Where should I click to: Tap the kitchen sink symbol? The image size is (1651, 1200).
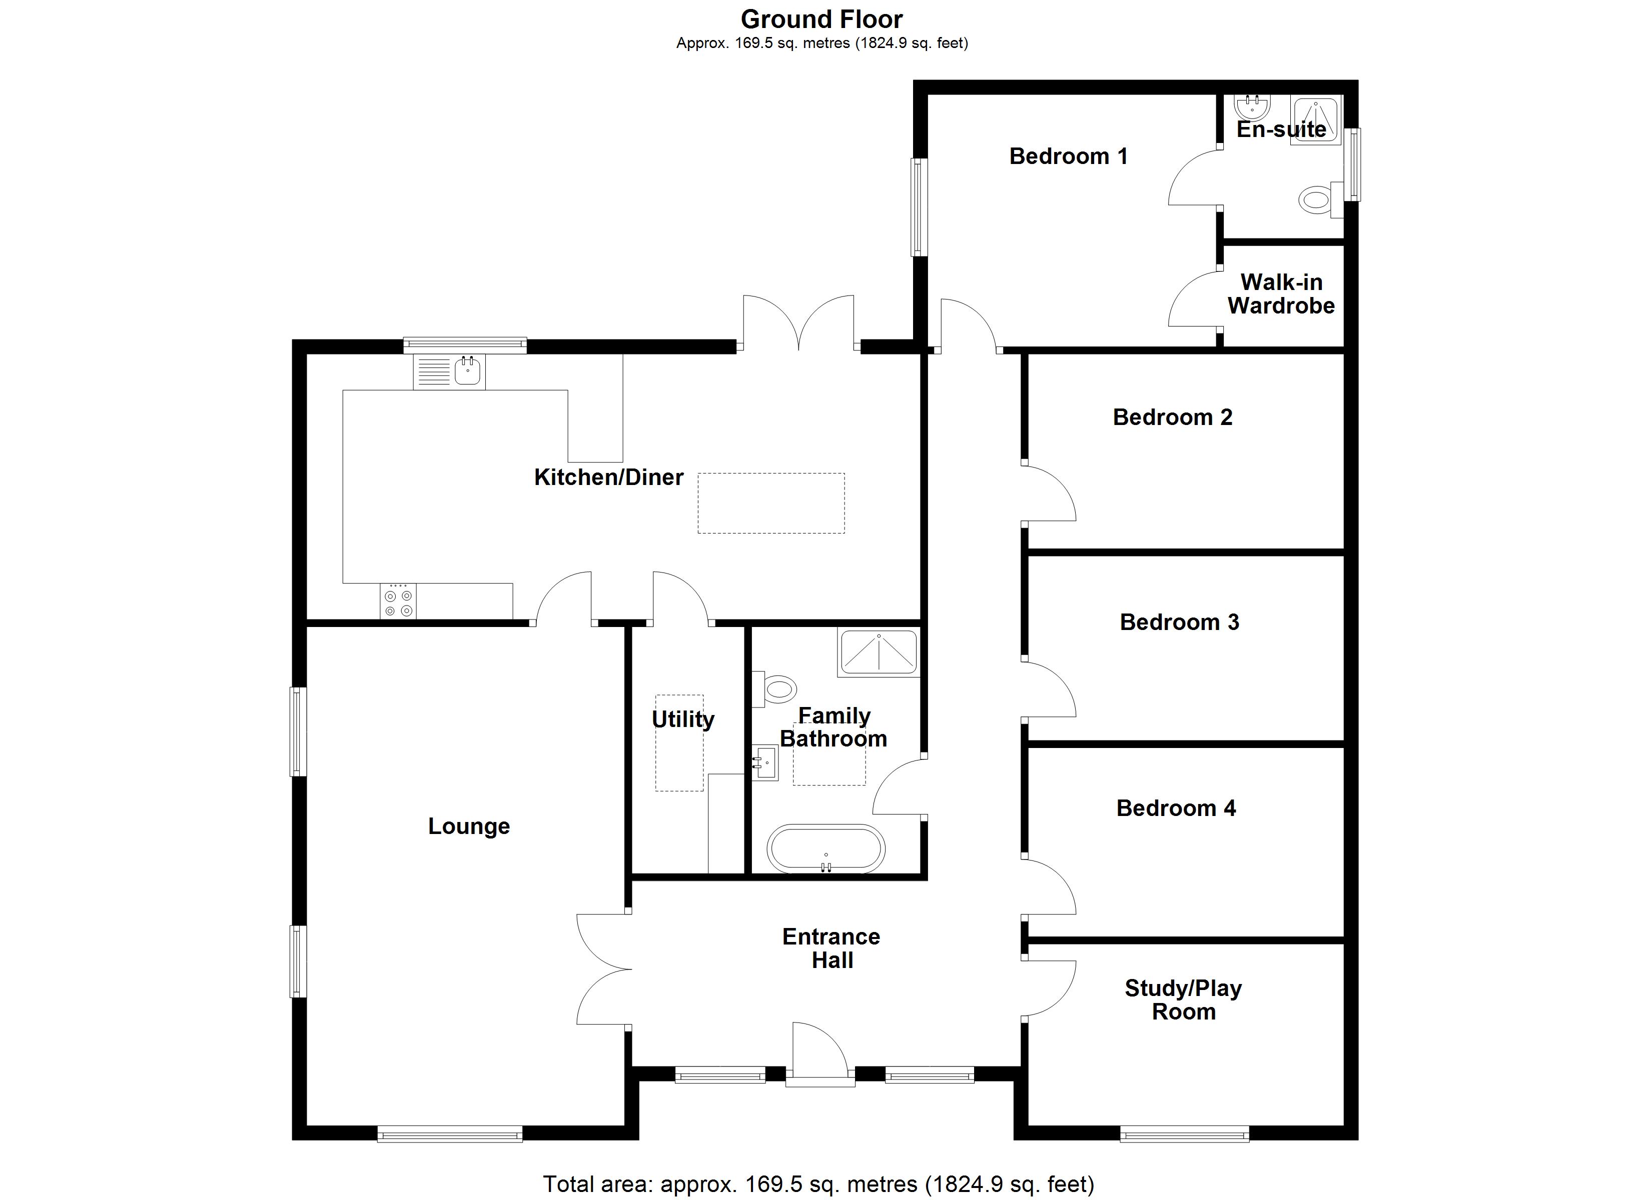click(449, 372)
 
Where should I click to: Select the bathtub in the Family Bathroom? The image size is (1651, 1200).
click(825, 848)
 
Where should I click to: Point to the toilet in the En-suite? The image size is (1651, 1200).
click(1317, 198)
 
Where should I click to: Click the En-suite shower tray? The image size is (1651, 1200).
click(1315, 120)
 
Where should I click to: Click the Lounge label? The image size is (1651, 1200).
click(469, 826)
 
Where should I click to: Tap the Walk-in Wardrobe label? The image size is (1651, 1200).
click(1281, 293)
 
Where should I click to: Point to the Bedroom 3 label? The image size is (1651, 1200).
click(1179, 622)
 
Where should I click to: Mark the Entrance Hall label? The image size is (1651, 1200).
click(832, 947)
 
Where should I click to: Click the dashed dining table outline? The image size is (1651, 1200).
click(771, 503)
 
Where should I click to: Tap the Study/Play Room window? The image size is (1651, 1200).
click(1184, 1133)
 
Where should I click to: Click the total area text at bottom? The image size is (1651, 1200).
click(819, 1184)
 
